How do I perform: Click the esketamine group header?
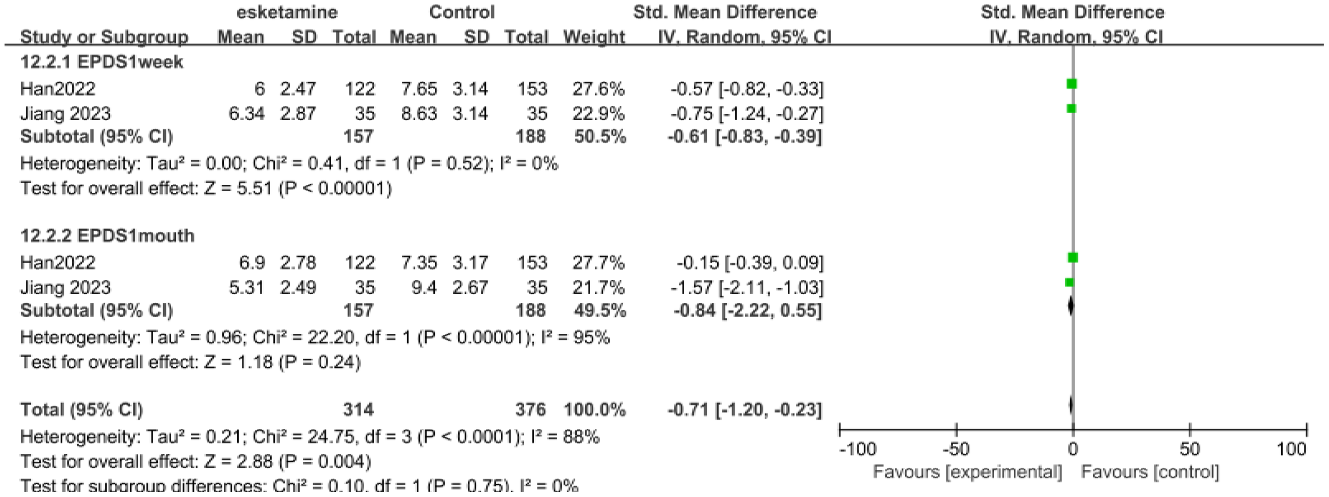coord(287,12)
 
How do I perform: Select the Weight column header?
coord(594,37)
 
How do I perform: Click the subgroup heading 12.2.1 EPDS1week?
coord(102,62)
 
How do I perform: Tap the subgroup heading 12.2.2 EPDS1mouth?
coord(107,236)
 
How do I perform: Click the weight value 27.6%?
coord(598,89)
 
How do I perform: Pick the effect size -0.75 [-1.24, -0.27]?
coord(746,114)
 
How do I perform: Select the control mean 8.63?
coord(419,114)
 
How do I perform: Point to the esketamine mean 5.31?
coord(247,288)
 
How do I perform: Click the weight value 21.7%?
coord(598,288)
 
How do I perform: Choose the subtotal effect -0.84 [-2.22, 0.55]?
coord(747,310)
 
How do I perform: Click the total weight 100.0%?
coord(594,410)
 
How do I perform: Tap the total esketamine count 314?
coord(358,410)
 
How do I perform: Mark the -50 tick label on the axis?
coord(956,450)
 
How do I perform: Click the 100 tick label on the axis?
coord(1291,450)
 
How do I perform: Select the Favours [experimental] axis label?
coord(967,472)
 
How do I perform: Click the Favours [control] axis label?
coord(1150,472)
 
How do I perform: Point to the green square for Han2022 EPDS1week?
coord(1071,83)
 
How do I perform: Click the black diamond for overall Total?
coord(1071,406)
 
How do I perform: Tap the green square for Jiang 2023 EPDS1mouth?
coord(1069,282)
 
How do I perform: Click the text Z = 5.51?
coord(238,188)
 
